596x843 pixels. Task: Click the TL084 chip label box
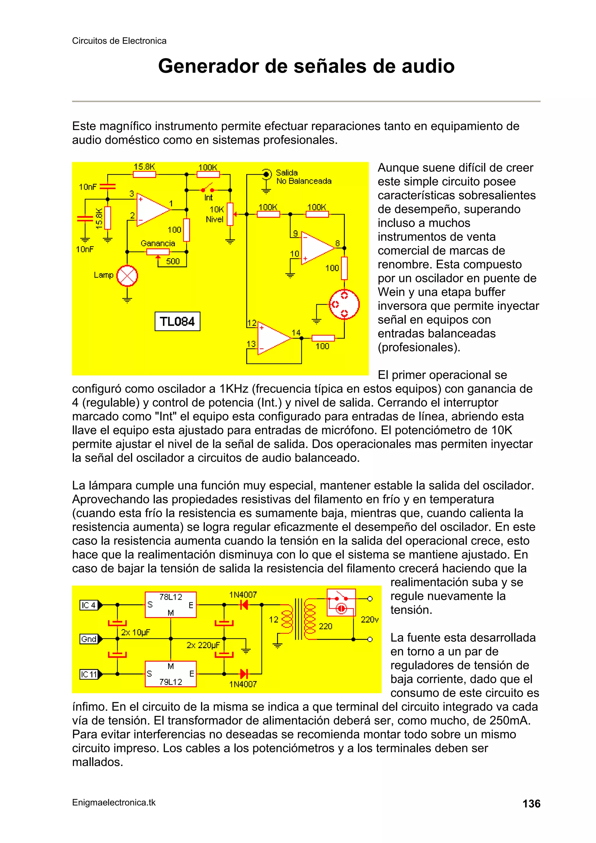[177, 322]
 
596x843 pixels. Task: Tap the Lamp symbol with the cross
[127, 276]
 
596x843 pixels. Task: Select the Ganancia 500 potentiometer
[158, 252]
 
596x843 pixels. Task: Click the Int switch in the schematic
[208, 189]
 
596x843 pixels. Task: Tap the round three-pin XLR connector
[344, 304]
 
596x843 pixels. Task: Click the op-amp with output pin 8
[317, 248]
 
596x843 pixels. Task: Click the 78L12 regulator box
[171, 604]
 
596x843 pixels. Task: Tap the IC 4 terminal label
[89, 605]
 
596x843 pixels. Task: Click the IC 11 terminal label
[89, 674]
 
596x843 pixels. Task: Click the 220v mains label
[369, 620]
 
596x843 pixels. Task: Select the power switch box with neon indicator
[341, 603]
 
